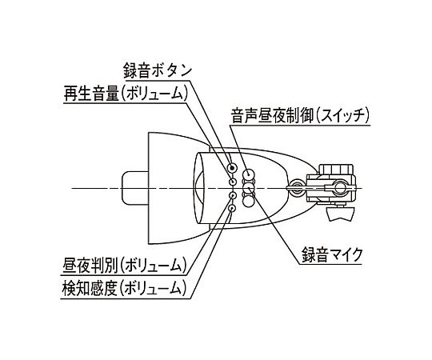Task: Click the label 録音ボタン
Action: click(158, 70)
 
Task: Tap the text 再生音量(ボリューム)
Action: click(126, 94)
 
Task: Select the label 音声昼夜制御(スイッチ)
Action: click(300, 115)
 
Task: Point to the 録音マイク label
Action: click(331, 255)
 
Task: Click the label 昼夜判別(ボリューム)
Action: click(125, 266)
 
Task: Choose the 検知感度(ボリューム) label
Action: click(124, 288)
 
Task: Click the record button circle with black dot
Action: click(232, 167)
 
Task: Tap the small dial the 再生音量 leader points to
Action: click(233, 182)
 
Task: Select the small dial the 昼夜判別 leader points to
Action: click(233, 196)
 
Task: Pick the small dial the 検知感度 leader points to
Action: click(232, 208)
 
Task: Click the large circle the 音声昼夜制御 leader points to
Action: click(248, 174)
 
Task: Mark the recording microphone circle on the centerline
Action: click(249, 188)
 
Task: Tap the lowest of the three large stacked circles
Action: click(248, 202)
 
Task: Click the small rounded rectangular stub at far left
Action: click(135, 188)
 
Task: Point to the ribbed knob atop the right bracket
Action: click(335, 169)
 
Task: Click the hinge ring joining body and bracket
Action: click(297, 188)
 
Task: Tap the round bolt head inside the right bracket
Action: click(341, 187)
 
